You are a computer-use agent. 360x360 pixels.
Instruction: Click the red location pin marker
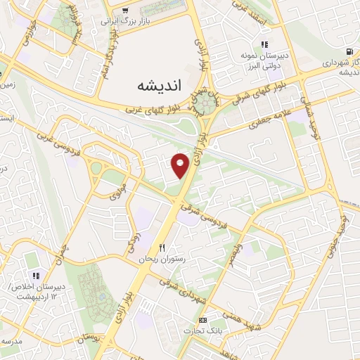tap(181, 165)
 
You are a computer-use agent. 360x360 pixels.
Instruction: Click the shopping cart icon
tap(125, 10)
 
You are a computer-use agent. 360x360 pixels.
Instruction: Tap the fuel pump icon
tap(349, 51)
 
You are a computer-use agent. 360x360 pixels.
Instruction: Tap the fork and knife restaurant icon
tap(163, 248)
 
